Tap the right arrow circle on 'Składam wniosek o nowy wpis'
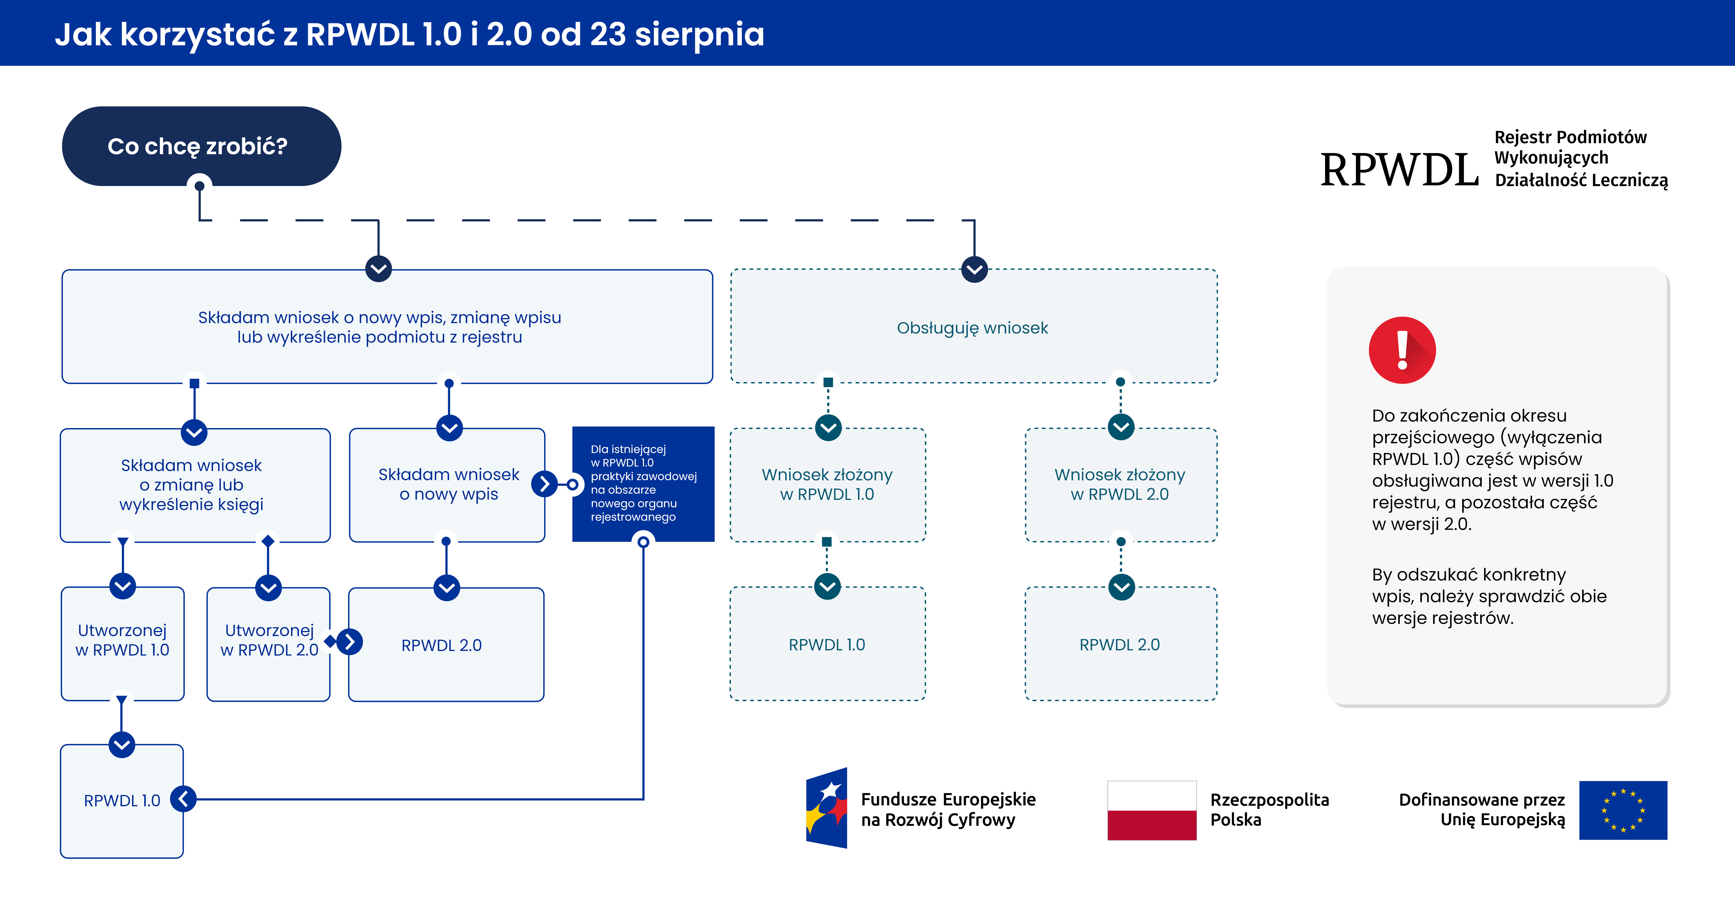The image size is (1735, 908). [544, 484]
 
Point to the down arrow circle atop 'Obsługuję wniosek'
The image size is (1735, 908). [974, 269]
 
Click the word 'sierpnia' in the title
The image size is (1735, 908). [699, 34]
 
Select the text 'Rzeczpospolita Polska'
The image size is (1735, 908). [1269, 810]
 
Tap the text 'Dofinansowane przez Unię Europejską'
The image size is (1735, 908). [1482, 810]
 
